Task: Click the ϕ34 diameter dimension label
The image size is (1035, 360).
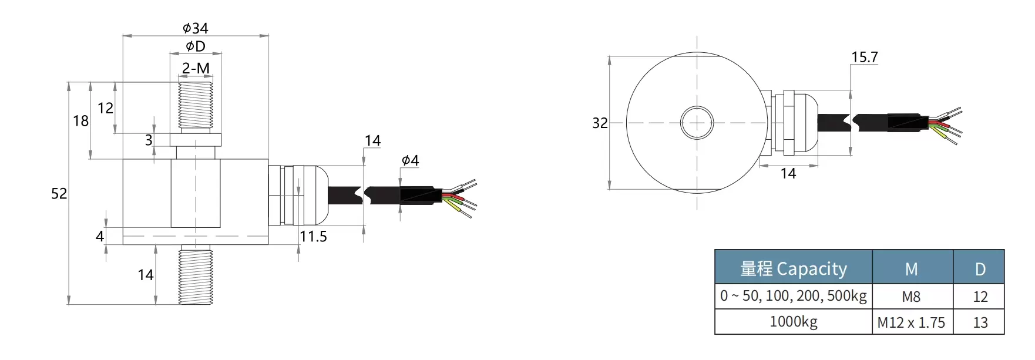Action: (195, 28)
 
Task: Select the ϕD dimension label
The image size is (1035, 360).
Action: (196, 46)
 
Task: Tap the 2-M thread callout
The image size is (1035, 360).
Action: (196, 69)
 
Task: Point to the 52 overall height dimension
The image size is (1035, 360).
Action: (59, 194)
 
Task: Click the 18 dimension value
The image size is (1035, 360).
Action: (80, 121)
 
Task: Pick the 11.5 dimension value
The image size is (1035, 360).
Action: (313, 237)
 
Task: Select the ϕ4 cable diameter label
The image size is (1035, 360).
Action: (410, 160)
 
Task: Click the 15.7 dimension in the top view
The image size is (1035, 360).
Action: (864, 58)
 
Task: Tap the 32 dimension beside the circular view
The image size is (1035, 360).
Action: (600, 123)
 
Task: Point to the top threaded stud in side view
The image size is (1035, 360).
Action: (196, 106)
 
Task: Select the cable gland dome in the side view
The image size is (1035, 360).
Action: (315, 196)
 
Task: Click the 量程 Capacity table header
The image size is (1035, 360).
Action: (793, 269)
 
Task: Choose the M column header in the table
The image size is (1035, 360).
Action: (911, 270)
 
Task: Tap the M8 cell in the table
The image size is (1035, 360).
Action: (911, 297)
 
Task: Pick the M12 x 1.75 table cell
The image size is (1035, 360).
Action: (911, 323)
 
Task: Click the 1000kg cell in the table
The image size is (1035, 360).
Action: (793, 322)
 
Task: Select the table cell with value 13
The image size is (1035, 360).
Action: (980, 323)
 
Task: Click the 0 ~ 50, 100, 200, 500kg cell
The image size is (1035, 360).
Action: (793, 296)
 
